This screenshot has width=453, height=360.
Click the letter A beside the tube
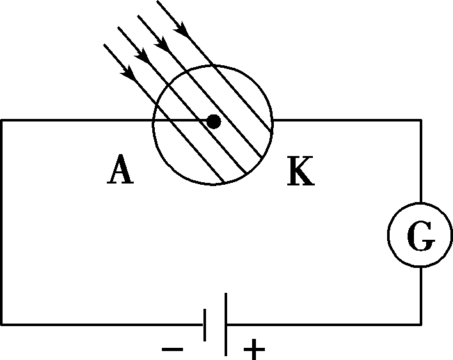click(x=121, y=171)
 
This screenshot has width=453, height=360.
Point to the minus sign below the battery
click(x=173, y=348)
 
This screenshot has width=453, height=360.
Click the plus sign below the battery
click(x=254, y=349)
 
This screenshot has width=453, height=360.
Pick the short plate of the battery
click(x=205, y=325)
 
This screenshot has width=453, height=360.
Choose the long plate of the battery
click(x=226, y=324)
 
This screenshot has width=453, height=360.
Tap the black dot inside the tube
click(x=214, y=121)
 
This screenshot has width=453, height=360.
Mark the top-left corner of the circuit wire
click(x=2, y=120)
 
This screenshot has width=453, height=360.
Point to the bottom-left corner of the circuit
click(x=2, y=325)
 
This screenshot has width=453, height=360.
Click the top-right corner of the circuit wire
click(x=421, y=120)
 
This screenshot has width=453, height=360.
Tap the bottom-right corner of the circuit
click(x=421, y=325)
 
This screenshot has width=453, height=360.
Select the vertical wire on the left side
click(x=2, y=224)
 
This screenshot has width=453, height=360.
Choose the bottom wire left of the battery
click(x=102, y=325)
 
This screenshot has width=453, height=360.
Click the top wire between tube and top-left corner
click(x=77, y=120)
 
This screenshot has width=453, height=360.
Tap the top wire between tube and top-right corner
click(x=346, y=120)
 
